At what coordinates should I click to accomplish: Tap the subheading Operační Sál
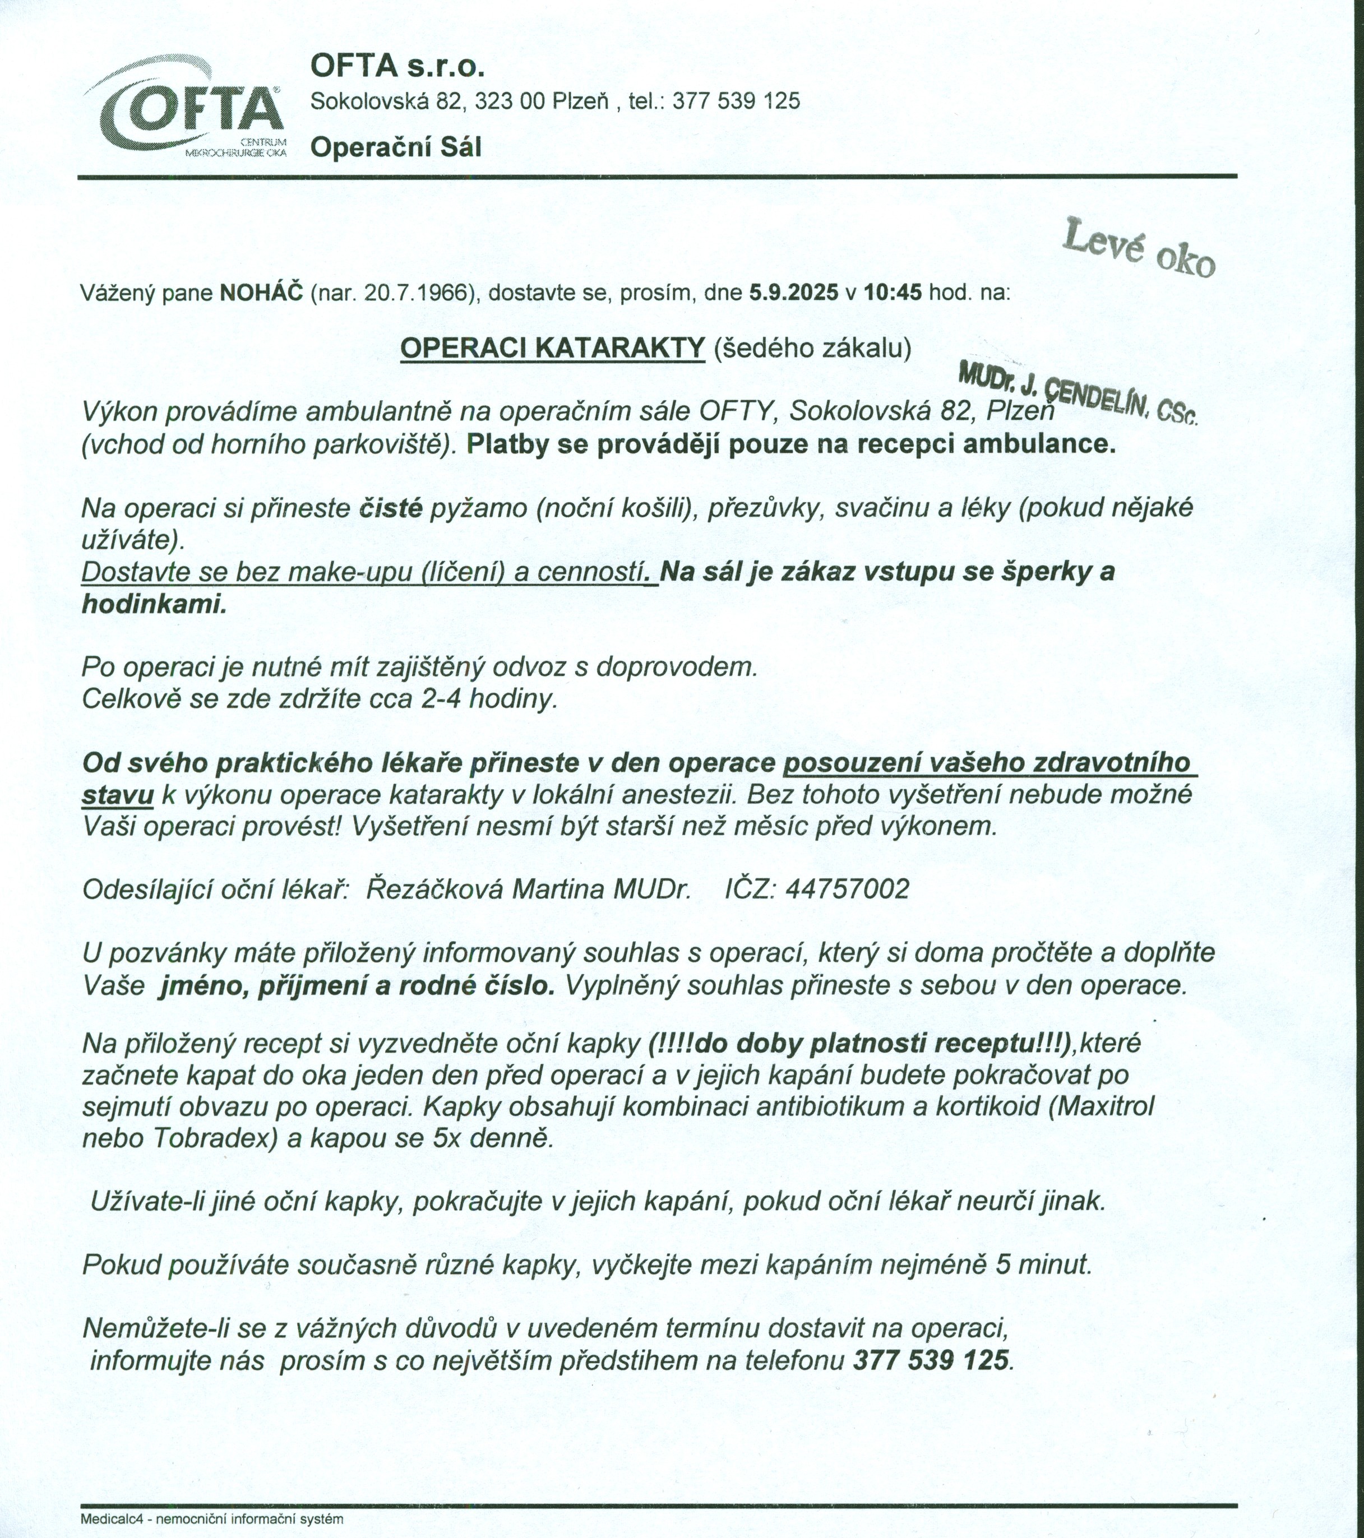pyautogui.click(x=396, y=147)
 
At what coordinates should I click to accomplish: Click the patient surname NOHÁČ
pyautogui.click(x=261, y=293)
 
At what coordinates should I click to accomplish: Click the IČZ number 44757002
pyautogui.click(x=847, y=890)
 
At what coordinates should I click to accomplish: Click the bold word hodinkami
pyautogui.click(x=154, y=604)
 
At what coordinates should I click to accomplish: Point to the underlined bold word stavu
pyautogui.click(x=118, y=795)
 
